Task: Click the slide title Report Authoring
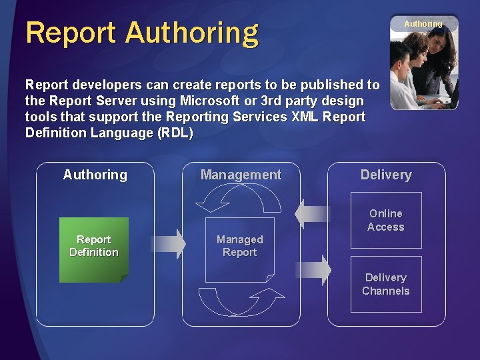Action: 142,32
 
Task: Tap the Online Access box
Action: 386,220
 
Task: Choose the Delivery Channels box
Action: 386,284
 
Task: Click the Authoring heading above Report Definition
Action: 95,175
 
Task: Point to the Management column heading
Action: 241,175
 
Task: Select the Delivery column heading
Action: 386,175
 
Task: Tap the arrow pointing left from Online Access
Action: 312,214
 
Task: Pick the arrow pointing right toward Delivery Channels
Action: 313,270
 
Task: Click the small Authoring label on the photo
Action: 423,24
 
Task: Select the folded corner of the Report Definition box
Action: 123,277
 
